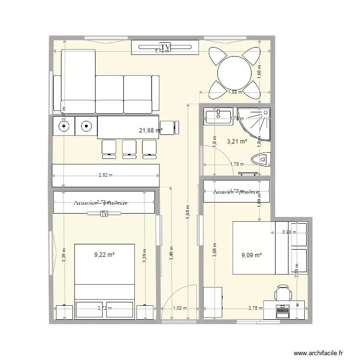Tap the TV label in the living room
(168, 47)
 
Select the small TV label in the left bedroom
(104, 214)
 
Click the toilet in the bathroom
(262, 159)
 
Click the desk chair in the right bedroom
(283, 293)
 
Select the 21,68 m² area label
(151, 130)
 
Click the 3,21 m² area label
(237, 142)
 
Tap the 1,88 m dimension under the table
(235, 92)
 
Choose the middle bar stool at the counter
(129, 148)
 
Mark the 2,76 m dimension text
(254, 309)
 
